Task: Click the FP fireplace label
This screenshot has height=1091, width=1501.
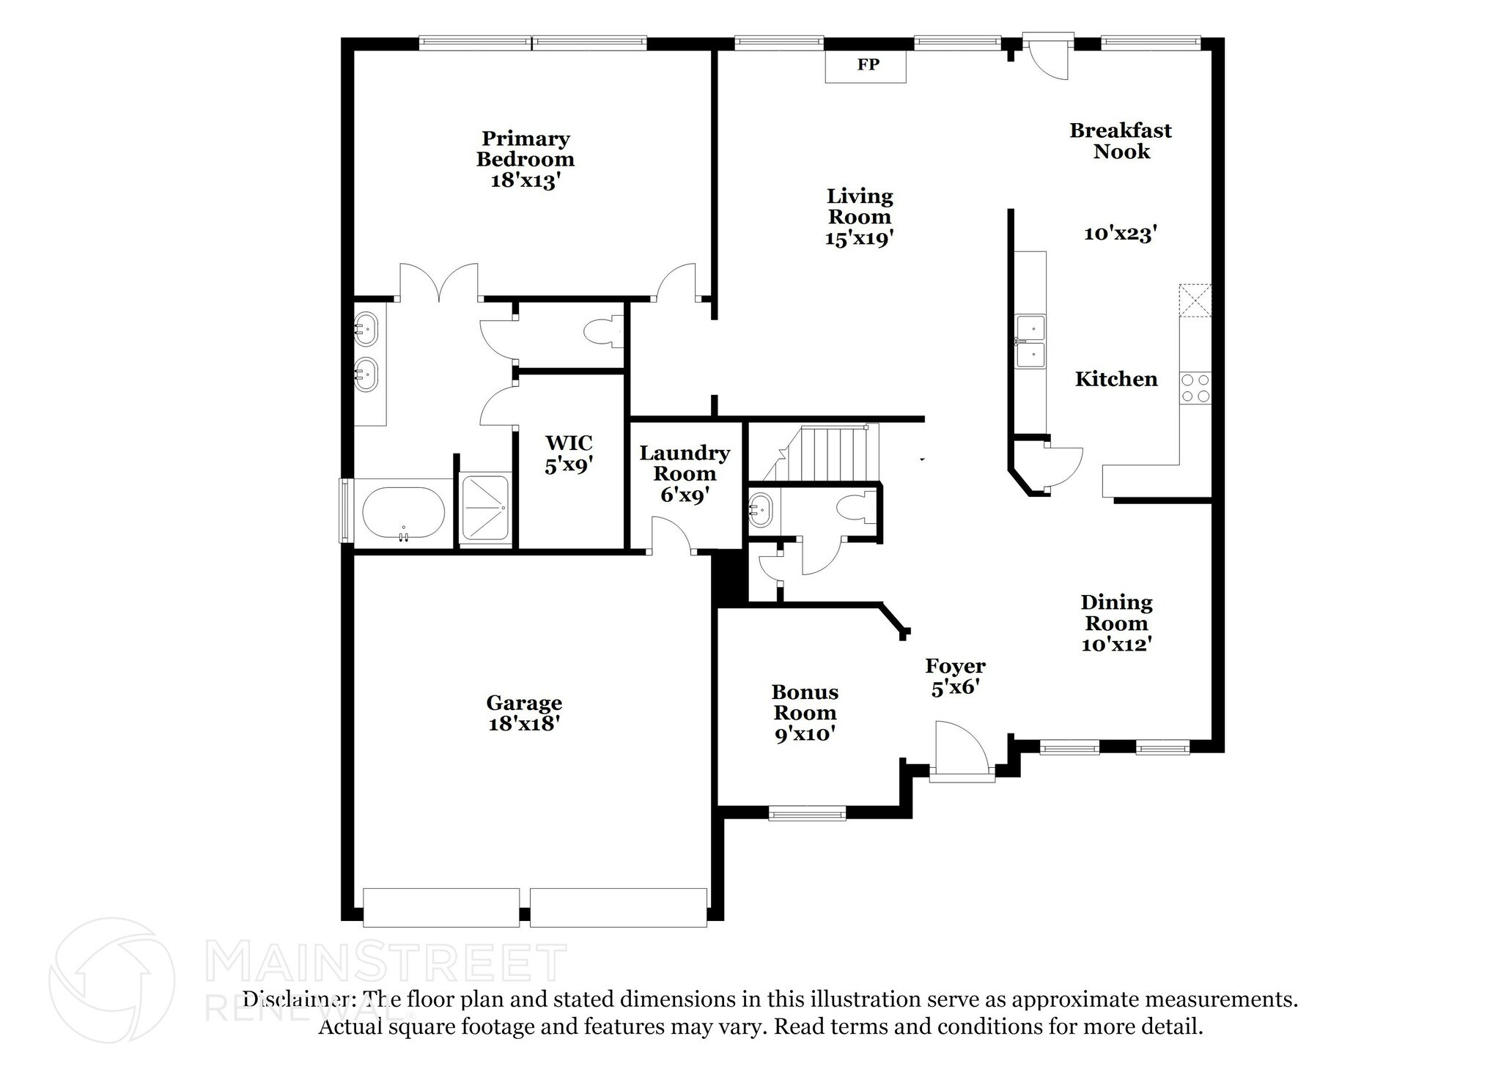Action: point(868,64)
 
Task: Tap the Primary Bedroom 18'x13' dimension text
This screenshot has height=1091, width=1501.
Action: point(525,180)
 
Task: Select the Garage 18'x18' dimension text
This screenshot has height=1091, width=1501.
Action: point(524,724)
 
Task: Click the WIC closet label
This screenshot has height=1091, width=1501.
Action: point(569,443)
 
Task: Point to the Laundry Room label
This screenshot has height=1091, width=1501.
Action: point(685,463)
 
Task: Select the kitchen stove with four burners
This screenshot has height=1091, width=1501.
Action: point(1195,388)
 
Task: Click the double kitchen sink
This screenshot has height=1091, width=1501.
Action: point(1030,341)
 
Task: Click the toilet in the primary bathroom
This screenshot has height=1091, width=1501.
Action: point(603,333)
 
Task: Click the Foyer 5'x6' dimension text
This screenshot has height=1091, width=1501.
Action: point(955,689)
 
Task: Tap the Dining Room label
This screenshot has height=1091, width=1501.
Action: point(1116,613)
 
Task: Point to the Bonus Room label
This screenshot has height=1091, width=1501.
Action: point(805,702)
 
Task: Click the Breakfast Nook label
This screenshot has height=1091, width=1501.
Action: point(1121,141)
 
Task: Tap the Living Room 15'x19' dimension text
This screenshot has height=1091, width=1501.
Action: point(859,238)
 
